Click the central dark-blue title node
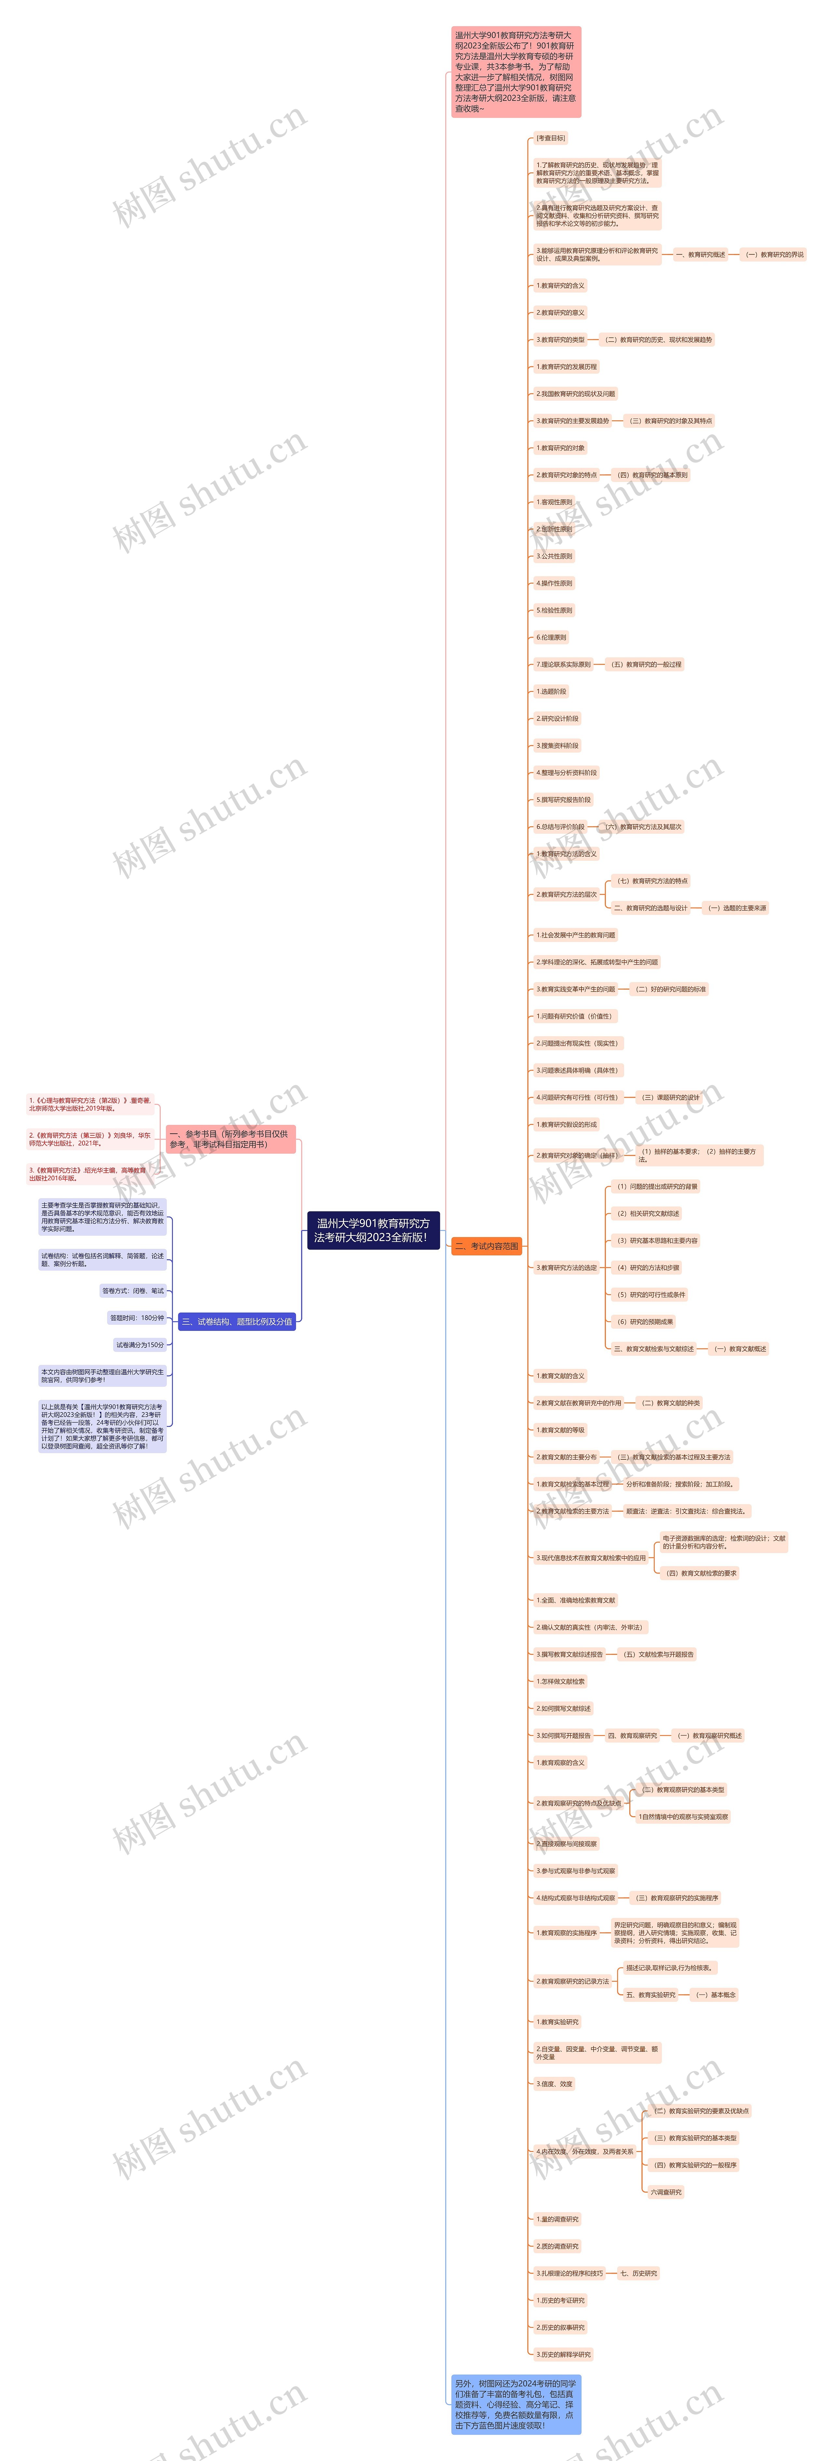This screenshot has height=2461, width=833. [373, 1230]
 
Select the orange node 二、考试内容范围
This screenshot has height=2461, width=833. [486, 1246]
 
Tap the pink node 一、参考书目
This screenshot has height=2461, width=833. [230, 1139]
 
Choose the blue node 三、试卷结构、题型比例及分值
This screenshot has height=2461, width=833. [237, 1321]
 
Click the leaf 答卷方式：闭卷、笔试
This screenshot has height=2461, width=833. [133, 1291]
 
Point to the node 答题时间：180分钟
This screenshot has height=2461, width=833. [137, 1318]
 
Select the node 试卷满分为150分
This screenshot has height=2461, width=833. [140, 1344]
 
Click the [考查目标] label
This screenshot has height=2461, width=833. [550, 138]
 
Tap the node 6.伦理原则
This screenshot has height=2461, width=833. [551, 637]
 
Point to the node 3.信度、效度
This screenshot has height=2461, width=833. [554, 2084]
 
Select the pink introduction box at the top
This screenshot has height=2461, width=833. [516, 72]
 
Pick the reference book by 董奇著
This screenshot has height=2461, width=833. [90, 1104]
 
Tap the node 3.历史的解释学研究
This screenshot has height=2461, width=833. [564, 2354]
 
